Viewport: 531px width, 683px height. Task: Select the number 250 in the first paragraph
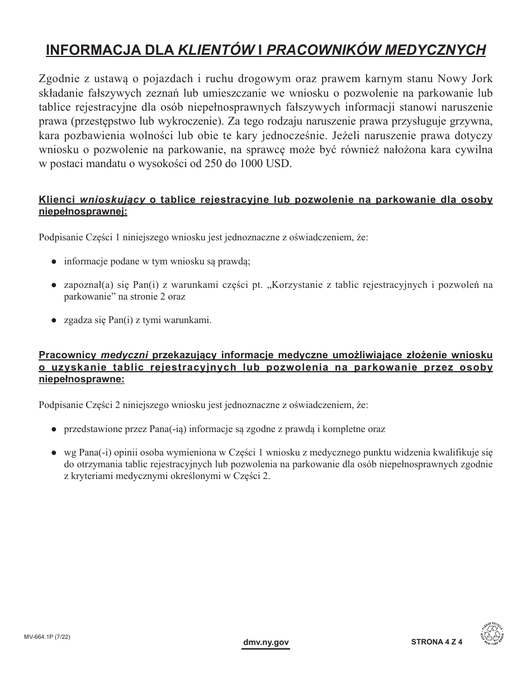pos(196,164)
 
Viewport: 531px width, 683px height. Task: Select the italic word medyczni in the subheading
pos(124,354)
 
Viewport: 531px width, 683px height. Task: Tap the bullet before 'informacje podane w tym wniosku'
pos(54,261)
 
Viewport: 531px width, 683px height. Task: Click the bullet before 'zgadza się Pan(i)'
pos(54,320)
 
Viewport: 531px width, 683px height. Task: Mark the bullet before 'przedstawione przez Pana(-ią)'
pos(54,429)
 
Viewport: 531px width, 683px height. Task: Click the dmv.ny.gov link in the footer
pos(266,643)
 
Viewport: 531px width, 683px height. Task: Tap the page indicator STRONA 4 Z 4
pos(438,643)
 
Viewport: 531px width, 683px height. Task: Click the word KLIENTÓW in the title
pos(214,50)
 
